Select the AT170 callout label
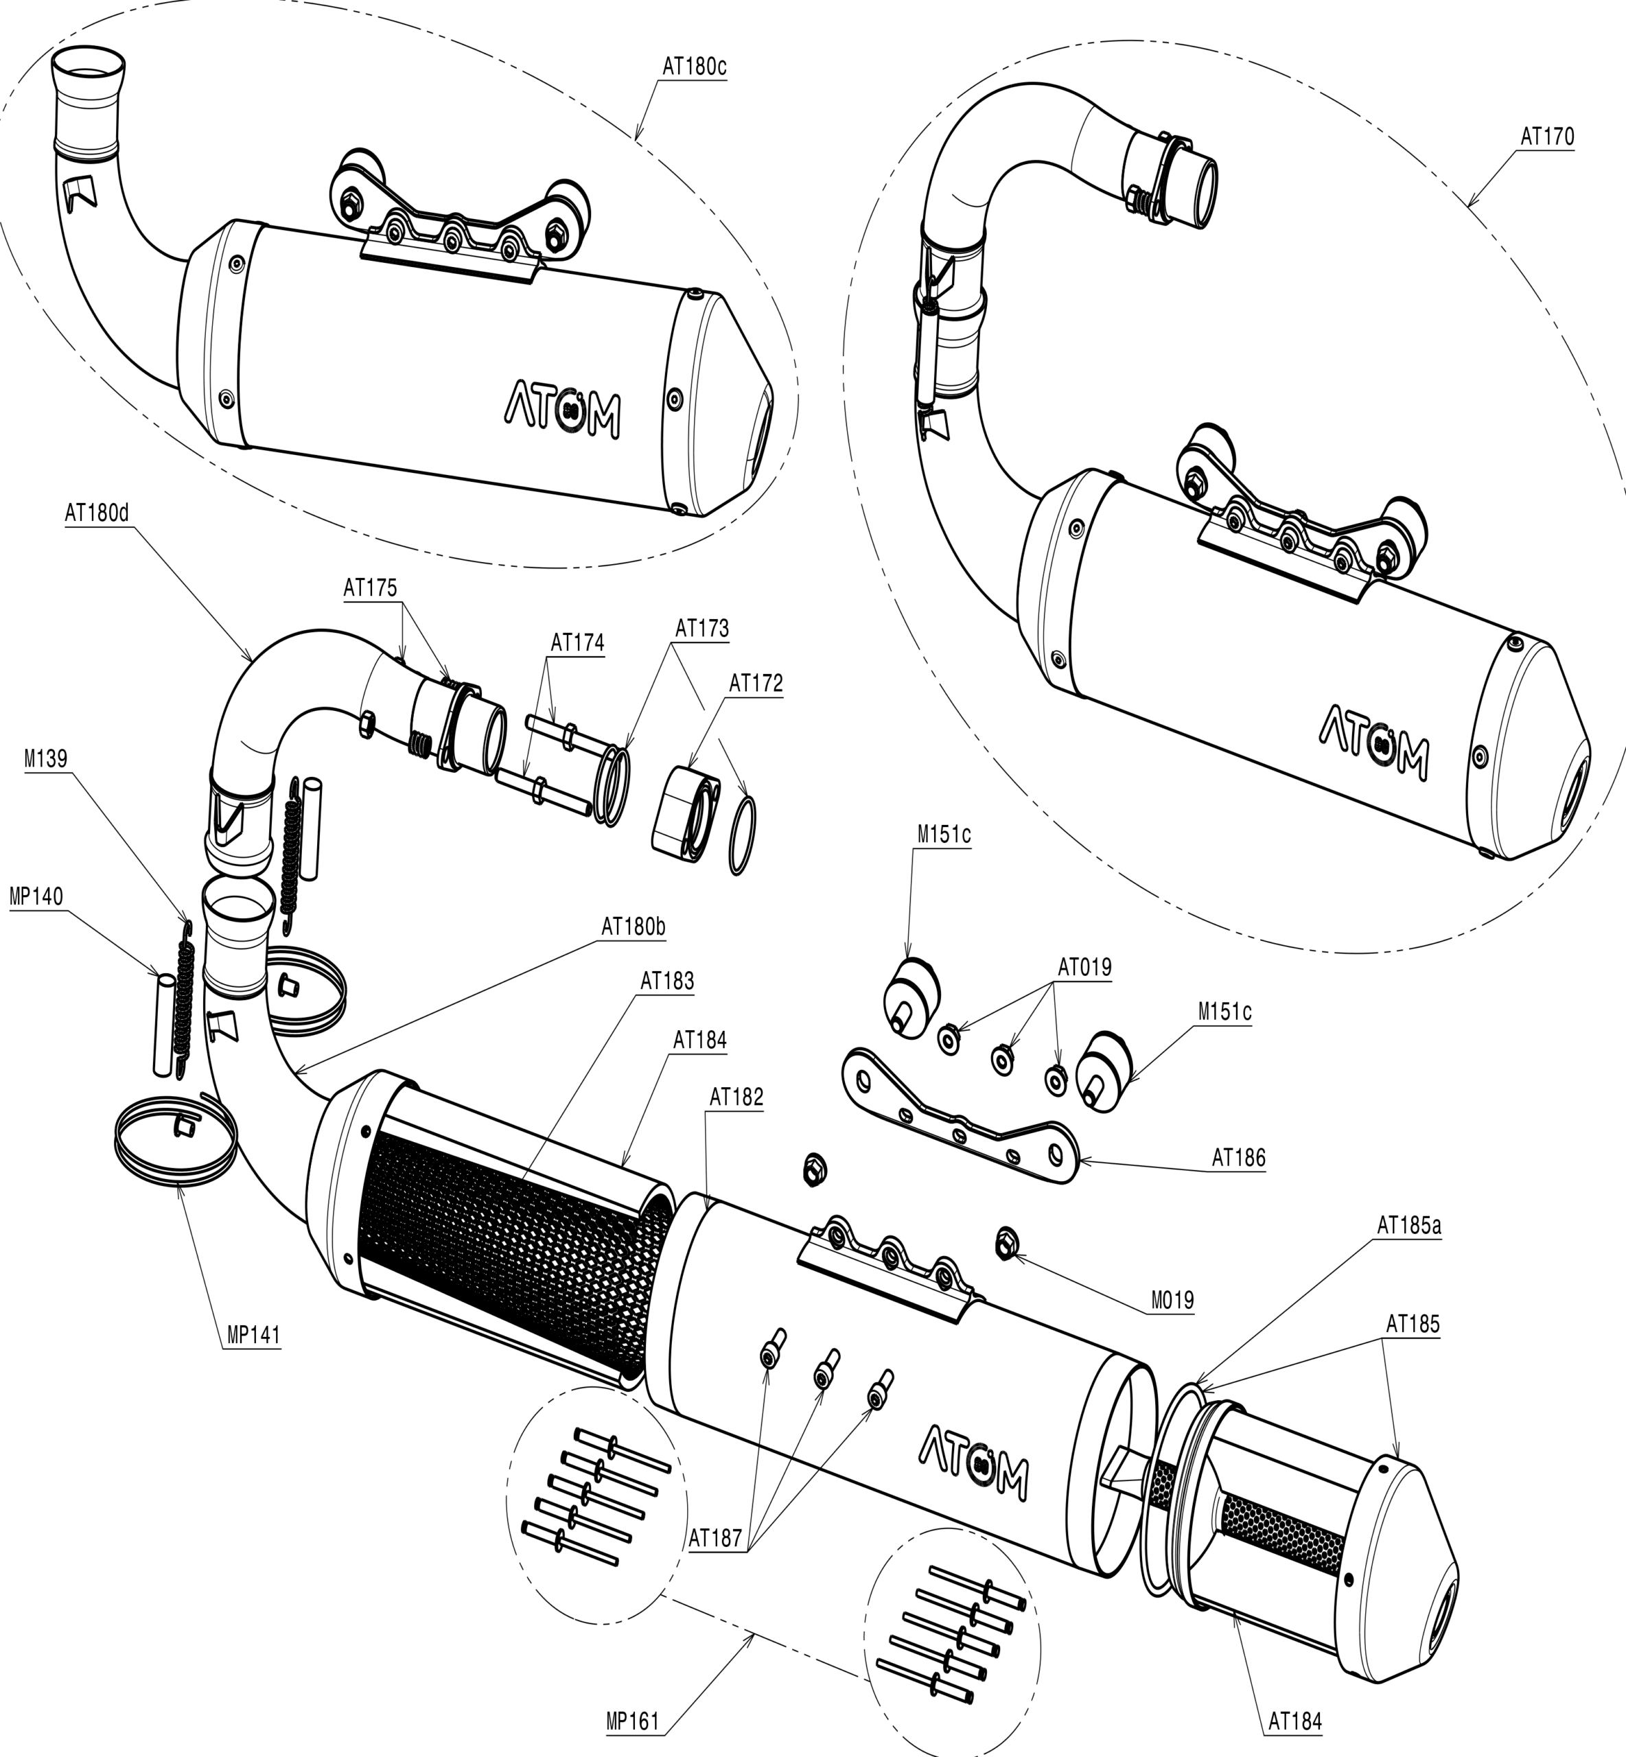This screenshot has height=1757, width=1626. click(x=1548, y=137)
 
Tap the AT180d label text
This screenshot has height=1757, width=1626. click(x=97, y=513)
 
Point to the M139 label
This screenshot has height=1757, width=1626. click(x=46, y=758)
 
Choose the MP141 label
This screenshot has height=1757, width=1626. click(x=253, y=1335)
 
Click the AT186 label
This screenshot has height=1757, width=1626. click(x=1239, y=1158)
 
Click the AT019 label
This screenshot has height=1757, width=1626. click(x=1084, y=968)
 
